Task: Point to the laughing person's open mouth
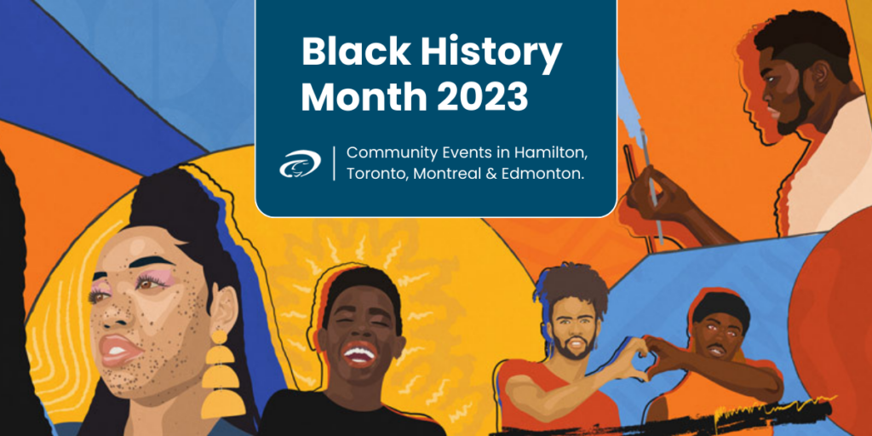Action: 359,354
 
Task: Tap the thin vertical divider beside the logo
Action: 334,163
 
